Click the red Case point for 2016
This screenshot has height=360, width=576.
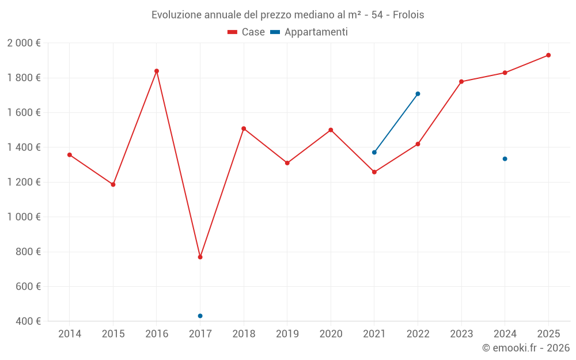point(157,71)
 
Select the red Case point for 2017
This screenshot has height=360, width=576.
point(200,257)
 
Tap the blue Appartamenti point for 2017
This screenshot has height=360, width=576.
point(200,316)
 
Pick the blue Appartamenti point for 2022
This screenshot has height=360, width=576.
point(418,94)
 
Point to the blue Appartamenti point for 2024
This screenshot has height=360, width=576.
point(505,159)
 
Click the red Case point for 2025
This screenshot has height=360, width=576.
point(548,55)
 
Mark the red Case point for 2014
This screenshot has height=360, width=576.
point(70,155)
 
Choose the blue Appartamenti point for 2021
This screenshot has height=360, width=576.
point(374,153)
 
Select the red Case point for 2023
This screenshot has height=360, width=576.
point(461,82)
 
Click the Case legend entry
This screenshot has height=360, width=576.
point(247,32)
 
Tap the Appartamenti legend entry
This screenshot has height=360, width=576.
point(309,32)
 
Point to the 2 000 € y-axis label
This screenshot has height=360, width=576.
point(24,43)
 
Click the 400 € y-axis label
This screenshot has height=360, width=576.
point(27,321)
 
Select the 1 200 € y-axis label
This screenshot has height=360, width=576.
point(24,182)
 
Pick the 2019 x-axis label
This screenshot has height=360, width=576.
point(287,334)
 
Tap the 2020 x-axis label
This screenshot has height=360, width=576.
point(331,334)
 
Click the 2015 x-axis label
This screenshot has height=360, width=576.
point(113,334)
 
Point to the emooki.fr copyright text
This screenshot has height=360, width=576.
point(526,348)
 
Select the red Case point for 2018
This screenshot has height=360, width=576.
point(244,128)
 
